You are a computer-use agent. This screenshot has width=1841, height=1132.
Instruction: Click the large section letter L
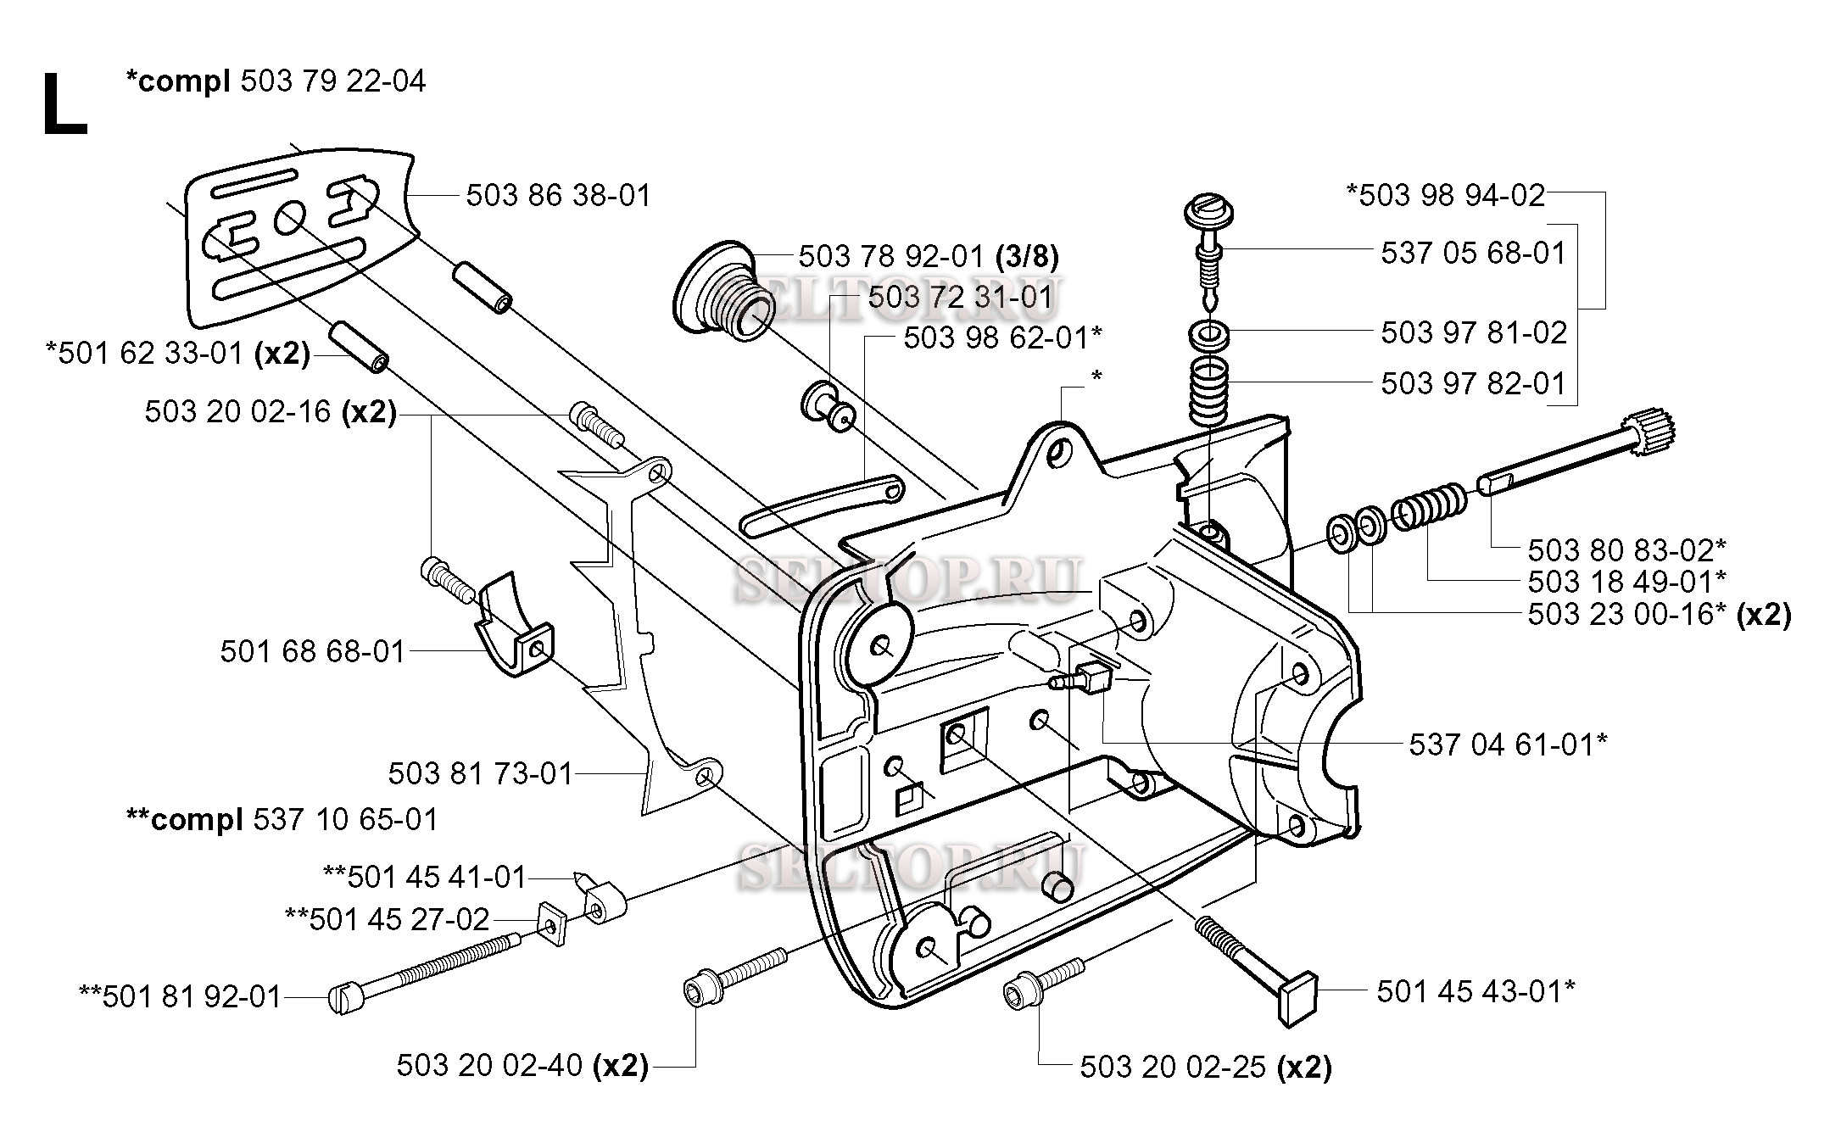pos(64,103)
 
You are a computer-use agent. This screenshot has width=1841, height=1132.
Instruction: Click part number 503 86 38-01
pos(559,196)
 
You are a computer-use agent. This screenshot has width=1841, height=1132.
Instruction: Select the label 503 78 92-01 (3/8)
pos(929,255)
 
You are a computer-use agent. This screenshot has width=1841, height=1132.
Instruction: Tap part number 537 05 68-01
pos(1473,253)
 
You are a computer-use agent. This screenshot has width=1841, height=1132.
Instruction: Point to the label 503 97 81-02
pos(1473,332)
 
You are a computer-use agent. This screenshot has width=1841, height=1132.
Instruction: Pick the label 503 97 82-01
pos(1472,383)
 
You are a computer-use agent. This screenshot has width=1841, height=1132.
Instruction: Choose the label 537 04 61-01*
pos(1509,744)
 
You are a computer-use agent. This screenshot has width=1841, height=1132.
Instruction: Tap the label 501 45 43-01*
pos(1476,991)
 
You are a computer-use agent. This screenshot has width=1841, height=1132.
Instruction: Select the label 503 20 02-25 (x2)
pos(1205,1068)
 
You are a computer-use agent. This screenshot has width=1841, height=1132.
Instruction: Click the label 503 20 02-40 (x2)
pos(522,1066)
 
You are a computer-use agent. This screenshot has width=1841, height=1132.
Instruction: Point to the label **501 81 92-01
pos(180,997)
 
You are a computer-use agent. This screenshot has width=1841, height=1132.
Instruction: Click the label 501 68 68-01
pos(313,651)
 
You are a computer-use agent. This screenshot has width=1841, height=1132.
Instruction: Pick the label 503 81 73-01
pos(481,773)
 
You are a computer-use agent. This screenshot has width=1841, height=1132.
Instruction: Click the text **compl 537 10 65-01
pos(282,819)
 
